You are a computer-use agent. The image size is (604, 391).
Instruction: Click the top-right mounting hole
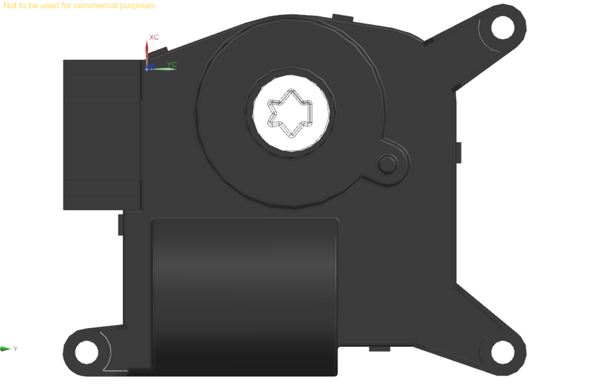(503, 26)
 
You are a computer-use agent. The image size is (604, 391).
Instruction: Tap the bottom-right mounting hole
(503, 351)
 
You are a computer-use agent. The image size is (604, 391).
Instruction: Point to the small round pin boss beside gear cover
(388, 164)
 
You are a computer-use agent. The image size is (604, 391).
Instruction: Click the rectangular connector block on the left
(101, 135)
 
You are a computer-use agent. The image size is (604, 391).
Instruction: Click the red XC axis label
(154, 38)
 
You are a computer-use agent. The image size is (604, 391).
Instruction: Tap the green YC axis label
(172, 64)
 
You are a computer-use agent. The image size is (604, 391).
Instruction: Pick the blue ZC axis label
(152, 66)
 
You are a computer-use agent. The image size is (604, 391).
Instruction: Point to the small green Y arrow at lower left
(6, 349)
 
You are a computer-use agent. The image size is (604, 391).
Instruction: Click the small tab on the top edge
(342, 16)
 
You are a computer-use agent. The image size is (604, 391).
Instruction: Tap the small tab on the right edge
(459, 152)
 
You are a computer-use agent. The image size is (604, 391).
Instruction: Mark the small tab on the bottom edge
(381, 348)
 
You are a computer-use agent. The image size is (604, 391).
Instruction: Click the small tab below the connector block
(120, 224)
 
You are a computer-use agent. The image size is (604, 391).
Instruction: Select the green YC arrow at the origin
(164, 69)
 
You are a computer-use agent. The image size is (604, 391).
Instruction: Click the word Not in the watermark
(10, 6)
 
